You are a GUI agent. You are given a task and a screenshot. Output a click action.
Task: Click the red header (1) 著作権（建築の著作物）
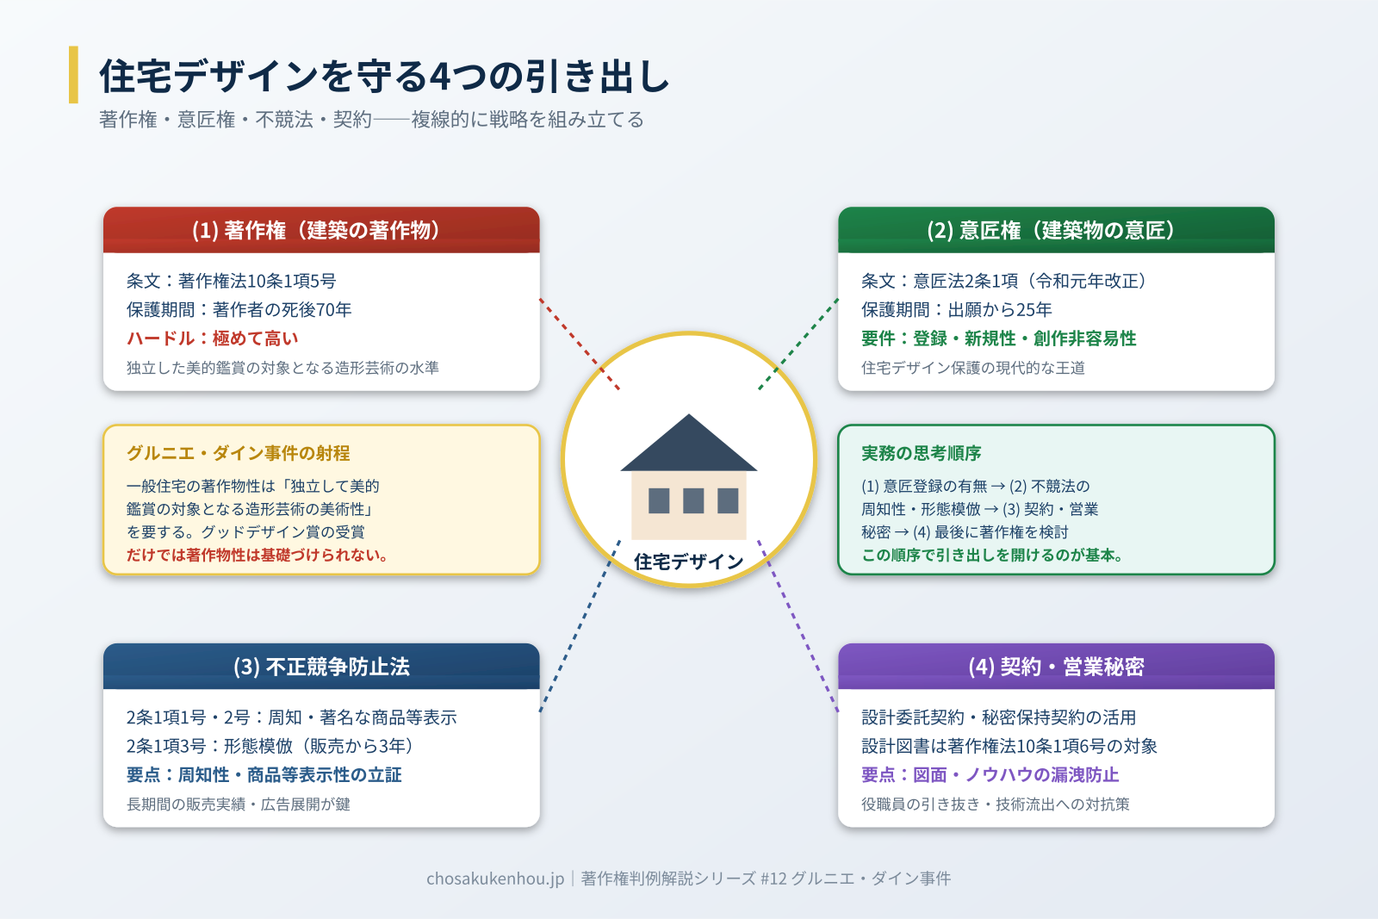[320, 230]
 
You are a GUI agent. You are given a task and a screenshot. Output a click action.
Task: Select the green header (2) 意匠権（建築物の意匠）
[1055, 230]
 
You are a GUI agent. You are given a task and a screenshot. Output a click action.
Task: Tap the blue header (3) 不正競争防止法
[320, 667]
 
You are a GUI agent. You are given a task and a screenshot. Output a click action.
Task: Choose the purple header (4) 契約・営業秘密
[1055, 667]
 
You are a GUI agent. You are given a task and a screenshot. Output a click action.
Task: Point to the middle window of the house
[693, 500]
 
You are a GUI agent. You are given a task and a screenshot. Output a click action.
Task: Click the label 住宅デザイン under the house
[688, 562]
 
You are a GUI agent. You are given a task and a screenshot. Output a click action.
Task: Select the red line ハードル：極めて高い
[212, 338]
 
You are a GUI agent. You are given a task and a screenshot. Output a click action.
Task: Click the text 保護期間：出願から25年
[956, 309]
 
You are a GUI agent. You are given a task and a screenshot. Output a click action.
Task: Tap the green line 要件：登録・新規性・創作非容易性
[998, 338]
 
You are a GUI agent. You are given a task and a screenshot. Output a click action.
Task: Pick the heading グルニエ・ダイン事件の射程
[238, 453]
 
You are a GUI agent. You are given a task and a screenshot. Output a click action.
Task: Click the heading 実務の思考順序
[921, 453]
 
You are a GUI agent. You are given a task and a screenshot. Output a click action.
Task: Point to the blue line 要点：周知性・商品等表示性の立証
[264, 775]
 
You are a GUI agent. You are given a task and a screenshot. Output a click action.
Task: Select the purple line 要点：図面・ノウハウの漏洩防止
[990, 775]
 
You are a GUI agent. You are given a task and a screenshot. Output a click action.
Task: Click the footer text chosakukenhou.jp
[495, 879]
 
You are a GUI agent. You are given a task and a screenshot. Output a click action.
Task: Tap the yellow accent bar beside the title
[73, 75]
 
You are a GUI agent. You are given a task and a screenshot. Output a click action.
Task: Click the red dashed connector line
[579, 344]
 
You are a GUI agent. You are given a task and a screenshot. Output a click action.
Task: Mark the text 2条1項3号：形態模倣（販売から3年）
[270, 746]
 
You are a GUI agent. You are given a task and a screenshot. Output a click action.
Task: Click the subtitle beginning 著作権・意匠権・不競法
[371, 120]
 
